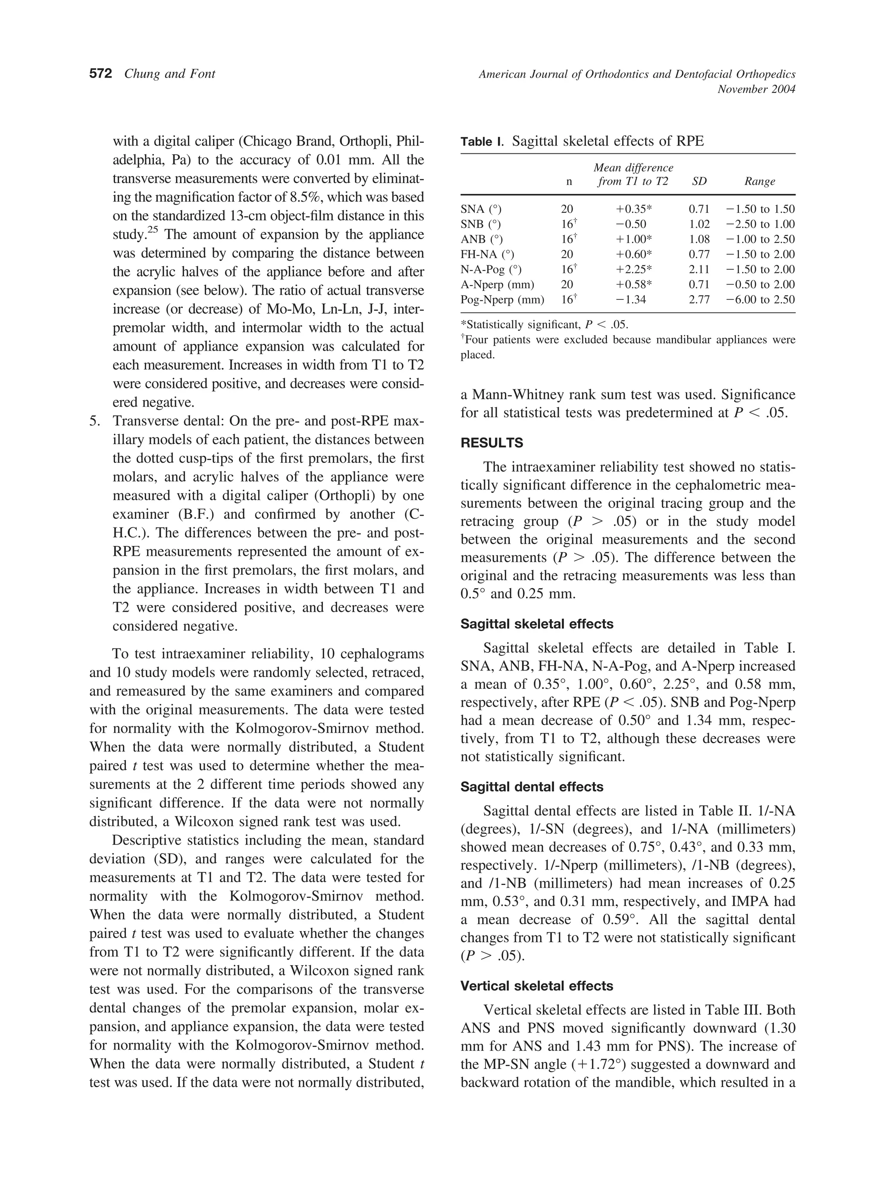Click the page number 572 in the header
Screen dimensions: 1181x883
tap(100, 74)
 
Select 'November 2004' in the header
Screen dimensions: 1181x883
tap(756, 89)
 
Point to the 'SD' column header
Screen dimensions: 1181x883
tap(699, 181)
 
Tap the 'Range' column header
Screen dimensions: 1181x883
tap(759, 181)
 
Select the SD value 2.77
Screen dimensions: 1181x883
tap(699, 299)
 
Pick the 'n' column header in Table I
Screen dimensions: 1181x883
tap(568, 181)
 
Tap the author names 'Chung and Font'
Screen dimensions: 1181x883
tap(169, 74)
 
